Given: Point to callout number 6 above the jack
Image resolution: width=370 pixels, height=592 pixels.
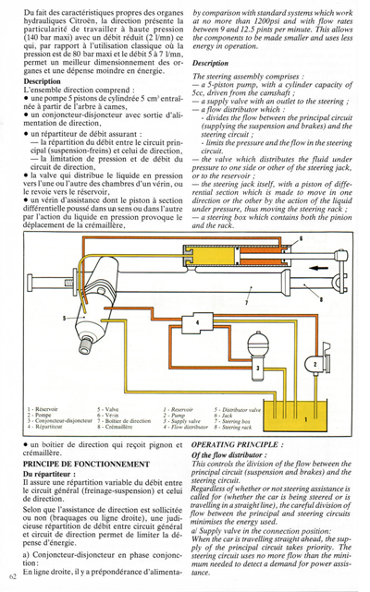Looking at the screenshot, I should coord(299,264).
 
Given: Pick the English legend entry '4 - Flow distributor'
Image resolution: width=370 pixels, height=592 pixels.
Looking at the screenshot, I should coord(186,428).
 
